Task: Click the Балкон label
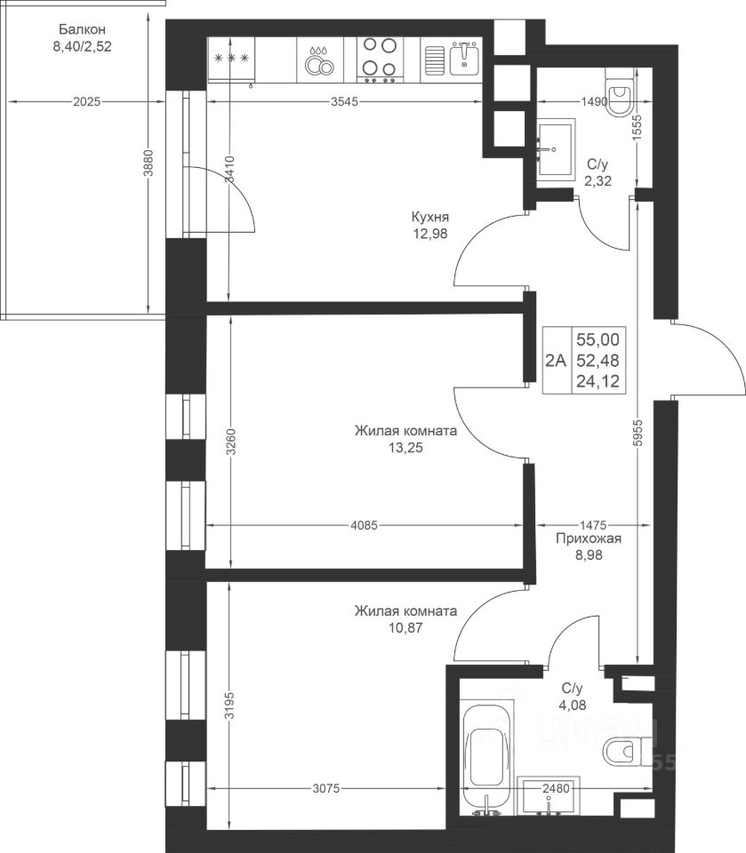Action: pos(82,29)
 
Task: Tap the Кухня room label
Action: pos(430,217)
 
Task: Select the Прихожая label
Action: pos(589,538)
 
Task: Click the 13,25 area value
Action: pos(405,448)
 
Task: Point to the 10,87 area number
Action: pos(405,628)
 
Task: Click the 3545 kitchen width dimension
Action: pos(345,101)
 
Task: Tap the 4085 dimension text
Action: pos(365,525)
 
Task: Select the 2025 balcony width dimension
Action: pos(87,101)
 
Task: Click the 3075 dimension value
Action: pos(326,788)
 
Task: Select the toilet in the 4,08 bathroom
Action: pos(627,752)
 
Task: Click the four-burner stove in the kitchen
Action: pos(380,60)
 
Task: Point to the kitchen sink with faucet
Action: pos(450,60)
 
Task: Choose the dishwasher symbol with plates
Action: pos(319,60)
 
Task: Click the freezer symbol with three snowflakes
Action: pos(232,58)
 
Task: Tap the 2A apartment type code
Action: pos(556,360)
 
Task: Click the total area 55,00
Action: pos(598,339)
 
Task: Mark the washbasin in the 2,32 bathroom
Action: pos(556,148)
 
